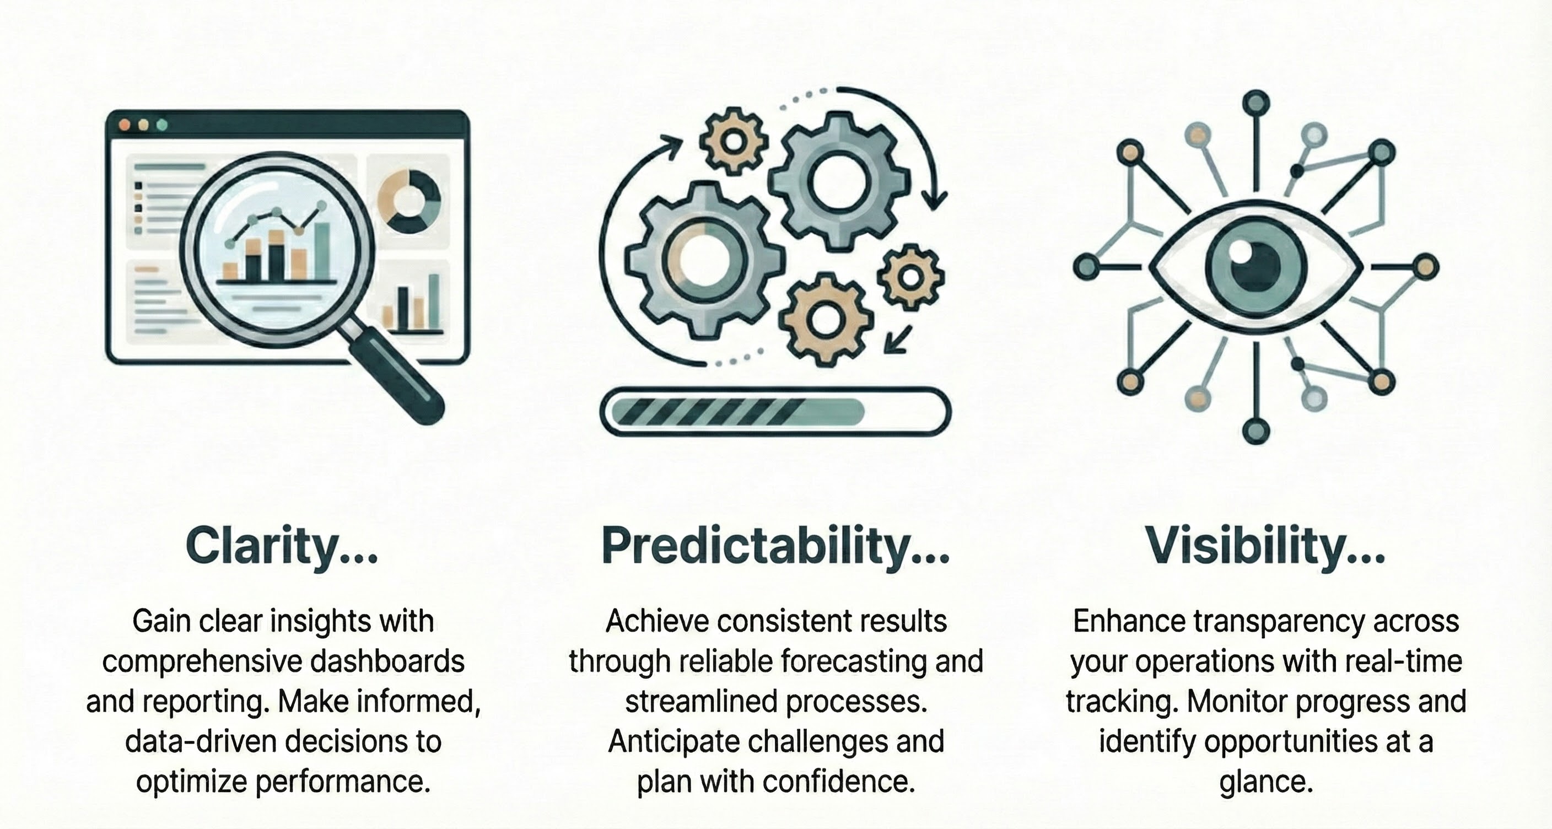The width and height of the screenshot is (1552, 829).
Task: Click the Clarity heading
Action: pyautogui.click(x=282, y=546)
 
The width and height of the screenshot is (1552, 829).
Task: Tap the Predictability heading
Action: pyautogui.click(x=776, y=546)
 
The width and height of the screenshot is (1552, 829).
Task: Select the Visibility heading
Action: pyautogui.click(x=1265, y=546)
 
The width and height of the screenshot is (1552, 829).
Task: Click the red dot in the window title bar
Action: pyautogui.click(x=125, y=125)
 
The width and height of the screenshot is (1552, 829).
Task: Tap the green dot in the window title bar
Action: pyautogui.click(x=161, y=125)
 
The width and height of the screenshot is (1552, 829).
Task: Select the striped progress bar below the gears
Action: pyautogui.click(x=776, y=412)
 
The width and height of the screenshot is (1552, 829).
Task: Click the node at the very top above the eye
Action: pyautogui.click(x=1255, y=103)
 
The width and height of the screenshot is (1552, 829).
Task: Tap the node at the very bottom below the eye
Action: pyautogui.click(x=1255, y=432)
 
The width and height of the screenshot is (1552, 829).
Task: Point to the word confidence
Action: pyautogui.click(x=839, y=782)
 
